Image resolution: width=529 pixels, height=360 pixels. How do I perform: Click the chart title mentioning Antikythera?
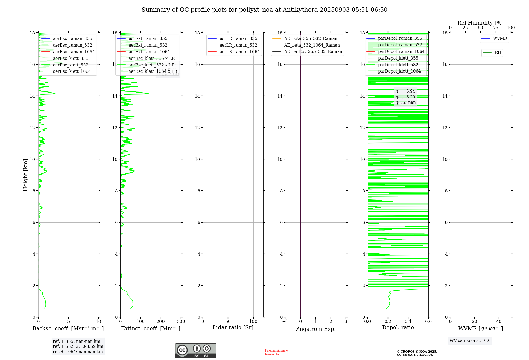tap(264, 10)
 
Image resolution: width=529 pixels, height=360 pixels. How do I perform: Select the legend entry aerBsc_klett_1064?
tap(72, 71)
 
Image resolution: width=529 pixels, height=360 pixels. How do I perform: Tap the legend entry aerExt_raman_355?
tap(148, 39)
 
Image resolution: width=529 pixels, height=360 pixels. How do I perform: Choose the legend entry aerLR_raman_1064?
tap(239, 52)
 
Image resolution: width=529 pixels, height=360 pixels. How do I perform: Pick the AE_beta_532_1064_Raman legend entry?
tap(312, 45)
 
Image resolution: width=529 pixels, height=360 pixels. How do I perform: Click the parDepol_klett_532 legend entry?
tap(398, 65)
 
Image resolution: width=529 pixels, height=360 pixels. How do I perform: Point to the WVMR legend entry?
tap(500, 38)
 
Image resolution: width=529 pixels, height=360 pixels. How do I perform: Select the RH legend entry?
tap(498, 53)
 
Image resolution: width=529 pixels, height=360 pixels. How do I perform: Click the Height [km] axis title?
tap(25, 175)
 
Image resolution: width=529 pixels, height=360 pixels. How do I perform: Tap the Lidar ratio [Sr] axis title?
tap(233, 327)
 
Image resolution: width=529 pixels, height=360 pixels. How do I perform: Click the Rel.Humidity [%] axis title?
tap(480, 23)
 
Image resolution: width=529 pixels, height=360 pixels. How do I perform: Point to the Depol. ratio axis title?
tap(398, 327)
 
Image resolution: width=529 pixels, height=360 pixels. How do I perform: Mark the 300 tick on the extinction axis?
tap(181, 322)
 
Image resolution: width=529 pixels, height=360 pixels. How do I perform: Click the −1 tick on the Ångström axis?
tap(285, 322)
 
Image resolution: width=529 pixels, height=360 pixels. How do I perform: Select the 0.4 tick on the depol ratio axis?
tap(408, 322)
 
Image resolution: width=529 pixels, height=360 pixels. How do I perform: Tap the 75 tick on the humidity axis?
tap(496, 28)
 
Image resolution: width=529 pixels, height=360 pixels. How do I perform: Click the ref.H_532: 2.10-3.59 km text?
tap(78, 346)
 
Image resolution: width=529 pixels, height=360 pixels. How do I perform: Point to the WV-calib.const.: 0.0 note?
tap(470, 341)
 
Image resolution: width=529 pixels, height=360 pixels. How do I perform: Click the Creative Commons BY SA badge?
tap(195, 350)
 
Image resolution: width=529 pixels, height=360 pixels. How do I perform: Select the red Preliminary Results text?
tap(276, 352)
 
